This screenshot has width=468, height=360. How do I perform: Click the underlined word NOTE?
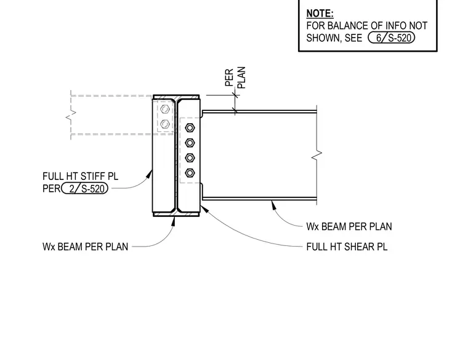(320, 14)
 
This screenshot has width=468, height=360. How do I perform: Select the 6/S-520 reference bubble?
(391, 38)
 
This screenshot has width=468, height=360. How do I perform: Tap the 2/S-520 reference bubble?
(85, 189)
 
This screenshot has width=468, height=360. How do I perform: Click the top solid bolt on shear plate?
(190, 128)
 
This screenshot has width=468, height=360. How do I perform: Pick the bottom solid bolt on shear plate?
(190, 173)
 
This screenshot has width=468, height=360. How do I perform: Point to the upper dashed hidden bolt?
(165, 109)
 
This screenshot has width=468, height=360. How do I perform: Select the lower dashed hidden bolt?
(165, 124)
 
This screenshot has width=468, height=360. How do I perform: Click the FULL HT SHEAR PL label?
(347, 247)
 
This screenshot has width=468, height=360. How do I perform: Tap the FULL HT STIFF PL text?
(80, 176)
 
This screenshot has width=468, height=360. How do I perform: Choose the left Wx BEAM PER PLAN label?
(86, 247)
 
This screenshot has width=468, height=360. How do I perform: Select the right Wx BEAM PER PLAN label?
(349, 226)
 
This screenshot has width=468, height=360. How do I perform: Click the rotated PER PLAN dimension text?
(235, 78)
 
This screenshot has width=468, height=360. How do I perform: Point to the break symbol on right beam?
(317, 155)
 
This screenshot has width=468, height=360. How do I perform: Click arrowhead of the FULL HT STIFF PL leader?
(149, 174)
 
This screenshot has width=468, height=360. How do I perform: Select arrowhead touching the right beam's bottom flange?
(273, 205)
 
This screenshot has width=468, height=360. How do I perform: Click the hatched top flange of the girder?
(176, 97)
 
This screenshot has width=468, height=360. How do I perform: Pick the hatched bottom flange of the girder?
(176, 214)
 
